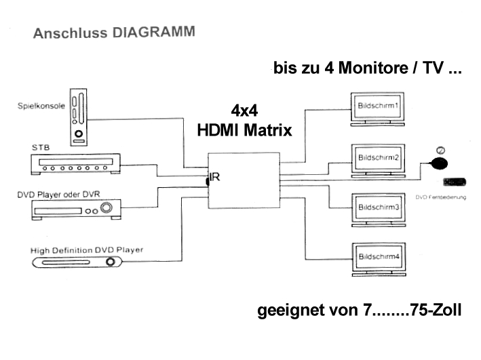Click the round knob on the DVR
(x=106, y=209)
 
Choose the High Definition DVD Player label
(x=87, y=250)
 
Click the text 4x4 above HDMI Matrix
(x=244, y=111)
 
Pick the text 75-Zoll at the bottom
(x=436, y=311)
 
